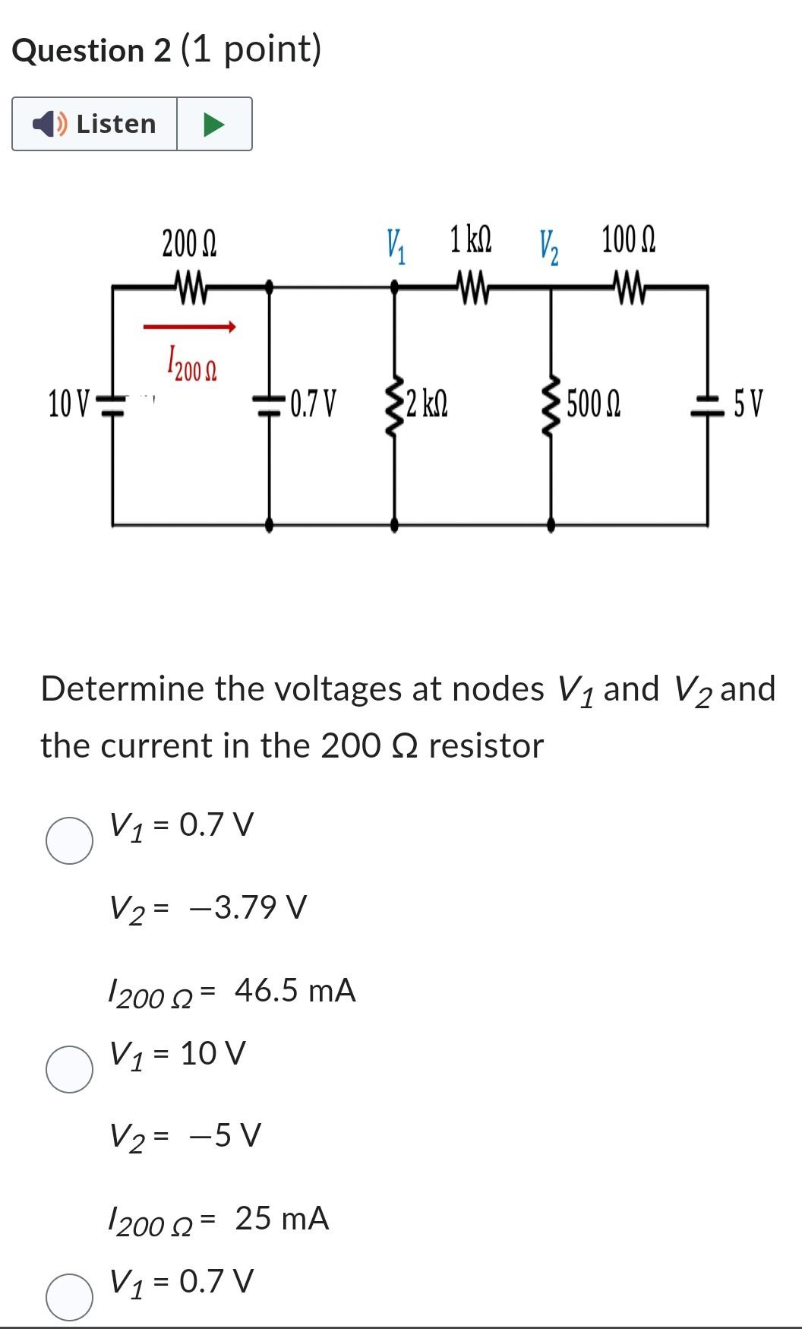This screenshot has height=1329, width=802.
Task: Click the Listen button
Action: tap(95, 124)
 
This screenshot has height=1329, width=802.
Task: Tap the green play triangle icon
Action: tap(213, 124)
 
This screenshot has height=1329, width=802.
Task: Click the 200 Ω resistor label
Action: tap(189, 245)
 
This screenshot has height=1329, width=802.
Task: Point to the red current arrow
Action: tap(190, 327)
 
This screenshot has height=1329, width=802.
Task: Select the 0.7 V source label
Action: tap(312, 403)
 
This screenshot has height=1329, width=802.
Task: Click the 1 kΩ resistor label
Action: tap(470, 239)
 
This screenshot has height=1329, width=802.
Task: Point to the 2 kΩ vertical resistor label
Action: tap(427, 403)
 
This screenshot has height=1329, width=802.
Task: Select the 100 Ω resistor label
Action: tap(628, 239)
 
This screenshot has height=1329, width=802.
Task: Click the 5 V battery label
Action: tap(749, 403)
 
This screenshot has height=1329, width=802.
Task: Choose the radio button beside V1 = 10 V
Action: tap(70, 1068)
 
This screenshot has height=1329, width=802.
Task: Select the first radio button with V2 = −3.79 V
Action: tap(70, 840)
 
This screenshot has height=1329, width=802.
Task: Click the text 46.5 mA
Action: tap(295, 990)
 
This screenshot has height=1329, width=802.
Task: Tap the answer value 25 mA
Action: tap(282, 1218)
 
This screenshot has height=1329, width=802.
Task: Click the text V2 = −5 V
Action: tap(185, 1136)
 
